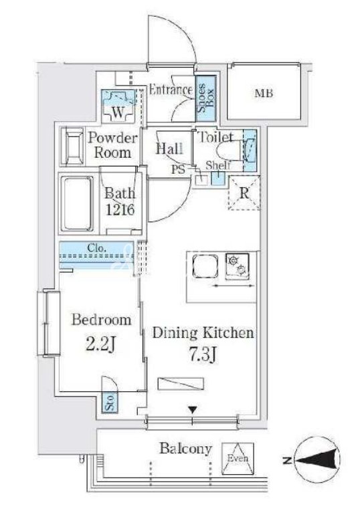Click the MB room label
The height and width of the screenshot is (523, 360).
[264, 93]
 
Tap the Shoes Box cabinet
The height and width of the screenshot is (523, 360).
[205, 98]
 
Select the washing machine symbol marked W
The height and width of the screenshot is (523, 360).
[118, 106]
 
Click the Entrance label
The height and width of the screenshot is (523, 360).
[171, 90]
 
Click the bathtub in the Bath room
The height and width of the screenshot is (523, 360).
[76, 203]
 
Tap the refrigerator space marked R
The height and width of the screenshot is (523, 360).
[244, 193]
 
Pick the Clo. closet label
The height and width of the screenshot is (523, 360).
[97, 248]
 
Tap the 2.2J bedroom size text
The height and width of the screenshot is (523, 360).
[100, 344]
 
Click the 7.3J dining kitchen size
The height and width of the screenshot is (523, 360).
[203, 355]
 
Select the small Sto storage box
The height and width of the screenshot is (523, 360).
[110, 403]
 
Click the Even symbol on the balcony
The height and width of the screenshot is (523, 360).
[238, 458]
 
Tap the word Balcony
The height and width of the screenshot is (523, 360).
[186, 449]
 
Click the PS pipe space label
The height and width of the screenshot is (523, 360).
[178, 169]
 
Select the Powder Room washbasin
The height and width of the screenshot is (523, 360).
[72, 146]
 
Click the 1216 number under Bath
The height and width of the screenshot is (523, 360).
[120, 209]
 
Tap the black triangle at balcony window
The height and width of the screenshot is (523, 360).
[192, 409]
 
